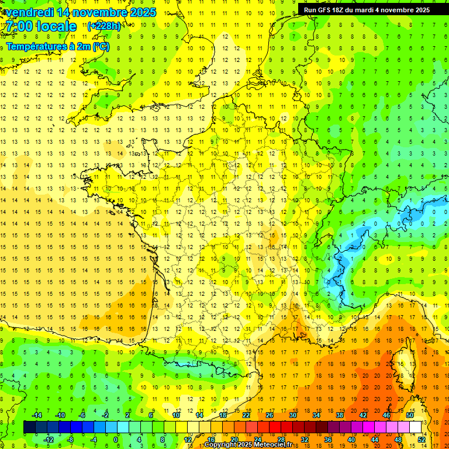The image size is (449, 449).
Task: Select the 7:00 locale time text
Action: [41, 26]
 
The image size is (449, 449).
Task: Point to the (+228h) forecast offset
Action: [104, 26]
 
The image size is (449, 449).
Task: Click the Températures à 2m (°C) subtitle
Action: [57, 46]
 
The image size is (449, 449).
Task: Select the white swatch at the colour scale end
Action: [416, 427]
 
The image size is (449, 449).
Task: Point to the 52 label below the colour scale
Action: [422, 440]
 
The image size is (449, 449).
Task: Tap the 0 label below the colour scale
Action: [116, 440]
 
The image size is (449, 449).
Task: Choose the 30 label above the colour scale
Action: [293, 415]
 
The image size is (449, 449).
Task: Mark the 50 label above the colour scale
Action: [410, 415]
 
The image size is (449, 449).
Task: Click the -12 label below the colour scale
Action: [49, 440]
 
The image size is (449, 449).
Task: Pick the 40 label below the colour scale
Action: [351, 440]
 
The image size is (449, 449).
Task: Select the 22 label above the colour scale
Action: [246, 415]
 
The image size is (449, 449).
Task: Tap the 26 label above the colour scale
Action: [270, 415]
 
